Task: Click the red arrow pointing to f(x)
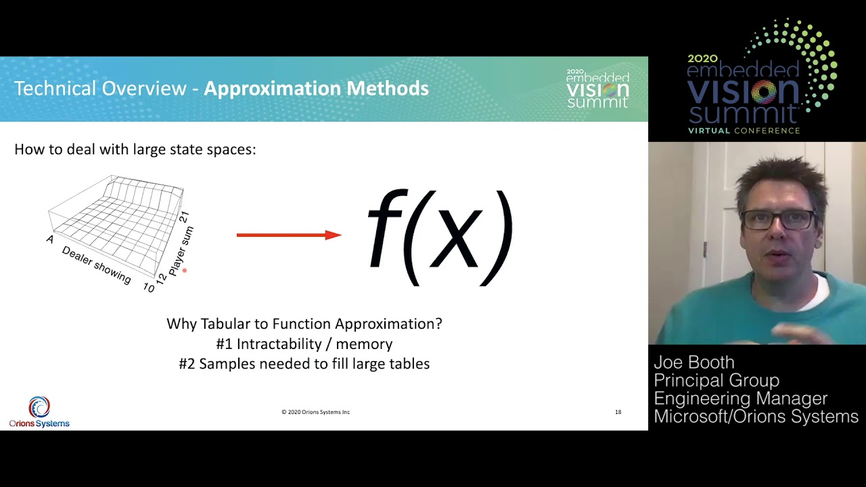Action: (x=289, y=235)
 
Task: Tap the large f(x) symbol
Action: (x=440, y=237)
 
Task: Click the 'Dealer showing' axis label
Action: (x=97, y=264)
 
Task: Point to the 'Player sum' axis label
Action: (x=181, y=251)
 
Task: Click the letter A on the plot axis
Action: (x=50, y=239)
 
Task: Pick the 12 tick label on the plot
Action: (x=161, y=278)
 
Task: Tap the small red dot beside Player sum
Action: (x=185, y=271)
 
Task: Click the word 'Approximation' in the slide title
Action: (x=273, y=89)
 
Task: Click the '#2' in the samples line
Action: (x=187, y=364)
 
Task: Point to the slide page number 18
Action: (x=618, y=412)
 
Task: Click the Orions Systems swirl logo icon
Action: (x=39, y=407)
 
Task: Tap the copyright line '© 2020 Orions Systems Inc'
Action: (x=315, y=412)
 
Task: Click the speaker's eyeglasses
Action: (x=777, y=220)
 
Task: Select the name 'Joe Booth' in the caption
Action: (x=694, y=363)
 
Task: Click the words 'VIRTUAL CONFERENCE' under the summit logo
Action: (x=744, y=131)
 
